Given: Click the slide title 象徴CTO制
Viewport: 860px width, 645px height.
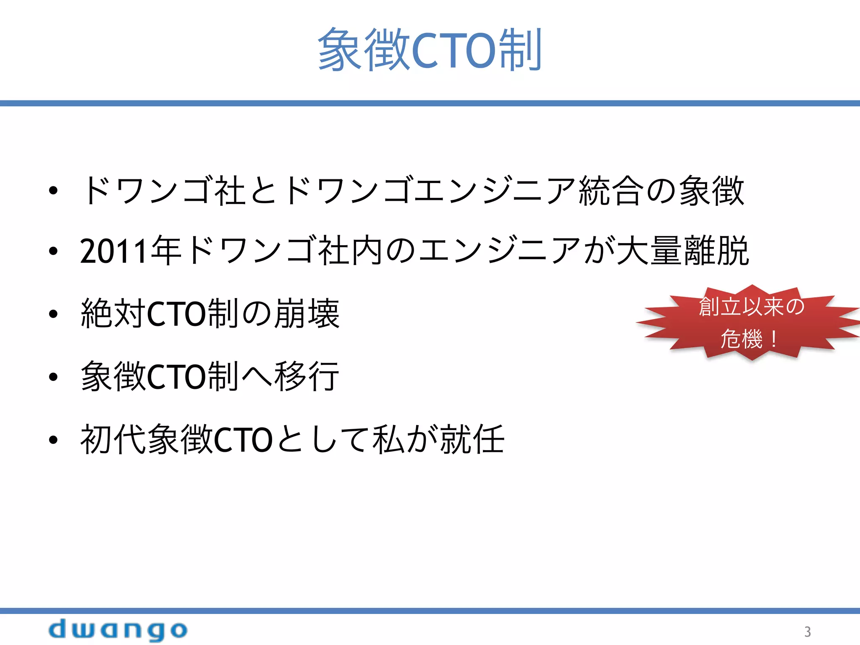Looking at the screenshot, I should pos(430,50).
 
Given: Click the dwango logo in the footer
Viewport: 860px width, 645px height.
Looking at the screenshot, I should pos(118,630).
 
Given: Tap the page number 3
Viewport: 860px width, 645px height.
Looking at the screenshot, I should pos(807,632).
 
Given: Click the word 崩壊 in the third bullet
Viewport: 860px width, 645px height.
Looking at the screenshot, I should pos(307,313).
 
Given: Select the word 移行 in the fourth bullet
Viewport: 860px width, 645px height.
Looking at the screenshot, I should pos(307,376).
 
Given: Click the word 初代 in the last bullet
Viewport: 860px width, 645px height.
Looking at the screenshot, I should pos(113,439).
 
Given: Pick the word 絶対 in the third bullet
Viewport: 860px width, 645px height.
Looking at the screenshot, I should pos(113,313).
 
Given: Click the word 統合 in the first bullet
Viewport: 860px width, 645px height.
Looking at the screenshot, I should pos(611,191).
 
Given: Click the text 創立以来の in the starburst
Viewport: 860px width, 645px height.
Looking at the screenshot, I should pos(751,307).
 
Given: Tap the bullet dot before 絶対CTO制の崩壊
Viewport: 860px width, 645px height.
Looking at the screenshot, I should pos(53,314).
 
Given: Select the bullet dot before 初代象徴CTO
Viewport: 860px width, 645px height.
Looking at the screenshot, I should pos(53,440).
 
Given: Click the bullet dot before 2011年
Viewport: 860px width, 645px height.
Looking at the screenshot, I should pos(53,252).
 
